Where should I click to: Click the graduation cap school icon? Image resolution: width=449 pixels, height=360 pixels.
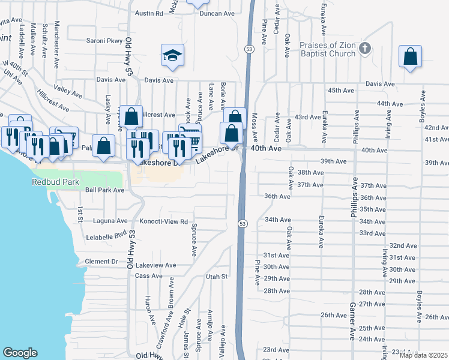172,56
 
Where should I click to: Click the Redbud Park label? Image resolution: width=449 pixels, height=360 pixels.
52,181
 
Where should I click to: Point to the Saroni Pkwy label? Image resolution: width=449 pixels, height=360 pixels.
105,41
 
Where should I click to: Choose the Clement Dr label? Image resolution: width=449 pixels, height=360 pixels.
101,262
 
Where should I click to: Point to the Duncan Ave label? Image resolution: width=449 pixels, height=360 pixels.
217,13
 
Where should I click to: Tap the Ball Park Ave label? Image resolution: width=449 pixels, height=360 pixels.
104,190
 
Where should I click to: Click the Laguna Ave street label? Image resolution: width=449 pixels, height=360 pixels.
110,221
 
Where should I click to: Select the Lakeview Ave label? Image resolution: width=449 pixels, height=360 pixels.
155,265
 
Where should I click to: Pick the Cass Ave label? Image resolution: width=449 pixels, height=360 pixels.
148,276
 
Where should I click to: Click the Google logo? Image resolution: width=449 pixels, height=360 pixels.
20,353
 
